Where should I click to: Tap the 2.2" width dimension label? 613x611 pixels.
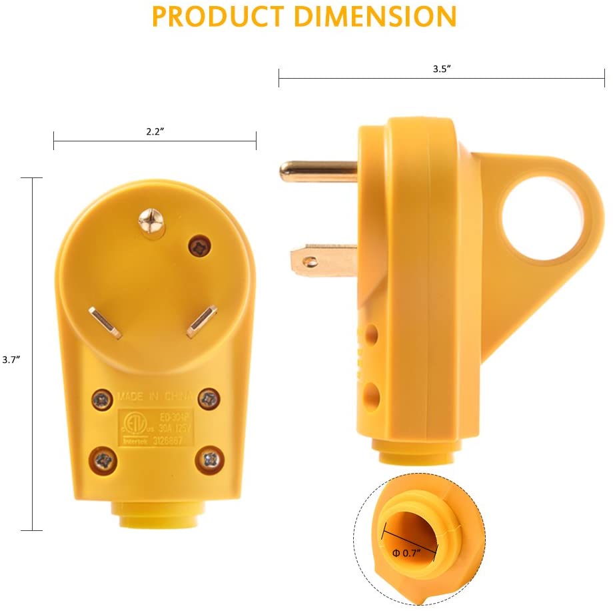(155, 131)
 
